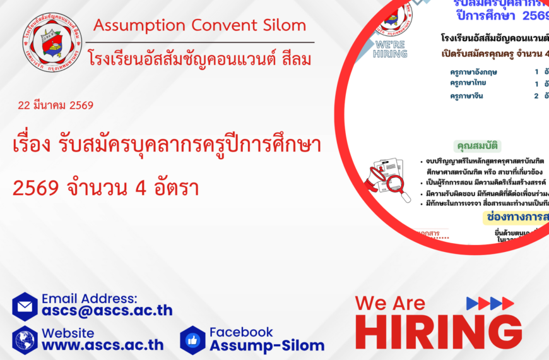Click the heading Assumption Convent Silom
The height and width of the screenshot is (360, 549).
pyautogui.click(x=199, y=26)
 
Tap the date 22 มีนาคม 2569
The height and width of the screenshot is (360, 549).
pyautogui.click(x=56, y=105)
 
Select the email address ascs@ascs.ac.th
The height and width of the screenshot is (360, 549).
pyautogui.click(x=107, y=310)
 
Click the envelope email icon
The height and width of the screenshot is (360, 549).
pyautogui.click(x=25, y=306)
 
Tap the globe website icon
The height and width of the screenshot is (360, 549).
pyautogui.click(x=25, y=340)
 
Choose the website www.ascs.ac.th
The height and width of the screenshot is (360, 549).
pyautogui.click(x=103, y=345)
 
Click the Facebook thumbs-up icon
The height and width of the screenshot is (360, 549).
pyautogui.click(x=192, y=340)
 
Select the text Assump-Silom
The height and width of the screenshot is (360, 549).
pyautogui.click(x=267, y=345)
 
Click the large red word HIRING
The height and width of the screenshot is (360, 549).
pyautogui.click(x=439, y=333)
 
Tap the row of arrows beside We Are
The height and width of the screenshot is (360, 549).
pyautogui.click(x=490, y=303)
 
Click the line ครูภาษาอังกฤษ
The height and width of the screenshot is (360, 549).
pyautogui.click(x=473, y=72)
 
